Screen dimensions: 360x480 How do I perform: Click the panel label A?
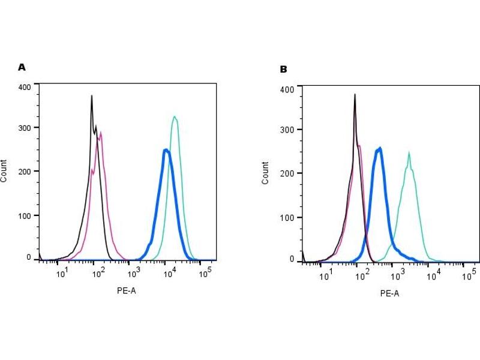click(22, 67)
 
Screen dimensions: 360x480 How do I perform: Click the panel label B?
click(283, 69)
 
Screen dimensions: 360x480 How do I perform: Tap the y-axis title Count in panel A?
click(4, 171)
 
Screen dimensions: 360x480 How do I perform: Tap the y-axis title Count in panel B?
click(265, 173)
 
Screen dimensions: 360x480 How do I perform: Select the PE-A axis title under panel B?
click(389, 293)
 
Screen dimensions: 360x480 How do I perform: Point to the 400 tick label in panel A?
click(25, 87)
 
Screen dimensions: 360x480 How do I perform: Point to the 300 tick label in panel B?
click(287, 130)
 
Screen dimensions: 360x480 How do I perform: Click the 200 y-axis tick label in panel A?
click(25, 172)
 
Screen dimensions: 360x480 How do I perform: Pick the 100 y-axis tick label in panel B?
click(287, 217)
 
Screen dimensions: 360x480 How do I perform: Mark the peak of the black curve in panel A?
click(91, 95)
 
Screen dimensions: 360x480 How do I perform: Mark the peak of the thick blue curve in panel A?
click(166, 150)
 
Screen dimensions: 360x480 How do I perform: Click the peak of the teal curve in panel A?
click(175, 116)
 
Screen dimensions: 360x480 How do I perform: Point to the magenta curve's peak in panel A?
click(101, 133)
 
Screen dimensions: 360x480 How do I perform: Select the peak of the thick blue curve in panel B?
click(379, 148)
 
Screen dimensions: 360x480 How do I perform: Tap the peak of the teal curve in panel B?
click(409, 152)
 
